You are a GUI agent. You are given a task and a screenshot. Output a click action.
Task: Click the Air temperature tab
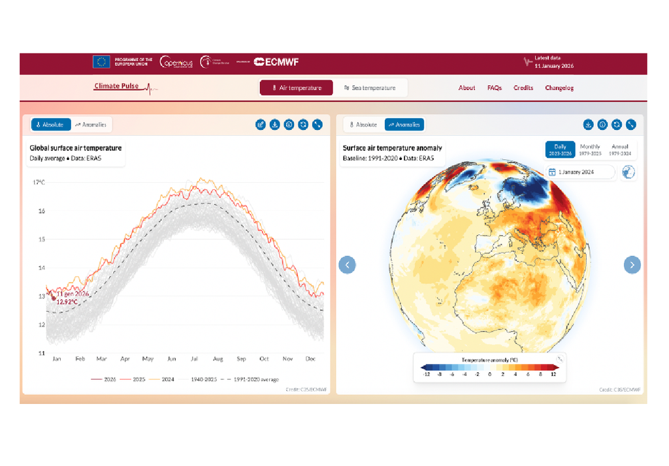297,88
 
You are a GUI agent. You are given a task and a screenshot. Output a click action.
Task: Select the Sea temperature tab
370,88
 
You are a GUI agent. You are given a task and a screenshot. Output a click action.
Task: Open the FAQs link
495,88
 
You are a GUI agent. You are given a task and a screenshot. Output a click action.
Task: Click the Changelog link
559,88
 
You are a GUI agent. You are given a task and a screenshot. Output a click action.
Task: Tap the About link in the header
467,88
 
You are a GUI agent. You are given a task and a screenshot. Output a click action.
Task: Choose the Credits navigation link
523,88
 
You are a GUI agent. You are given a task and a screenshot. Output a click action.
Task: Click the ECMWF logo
276,62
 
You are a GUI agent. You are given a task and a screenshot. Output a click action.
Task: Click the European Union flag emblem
101,62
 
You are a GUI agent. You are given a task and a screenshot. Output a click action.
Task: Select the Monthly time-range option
590,149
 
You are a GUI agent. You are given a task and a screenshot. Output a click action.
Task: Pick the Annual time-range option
620,149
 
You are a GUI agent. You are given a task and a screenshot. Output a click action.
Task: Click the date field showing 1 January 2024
581,172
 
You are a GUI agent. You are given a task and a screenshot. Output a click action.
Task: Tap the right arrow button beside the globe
632,264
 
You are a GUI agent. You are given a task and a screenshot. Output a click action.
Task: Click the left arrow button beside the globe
348,264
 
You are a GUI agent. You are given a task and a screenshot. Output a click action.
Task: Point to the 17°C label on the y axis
39,182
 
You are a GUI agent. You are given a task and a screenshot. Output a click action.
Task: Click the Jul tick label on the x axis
195,359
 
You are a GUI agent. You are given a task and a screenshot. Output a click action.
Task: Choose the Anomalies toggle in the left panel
91,124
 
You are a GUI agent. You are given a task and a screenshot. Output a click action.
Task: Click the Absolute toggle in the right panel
363,124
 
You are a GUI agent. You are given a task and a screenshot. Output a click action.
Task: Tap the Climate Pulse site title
116,86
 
